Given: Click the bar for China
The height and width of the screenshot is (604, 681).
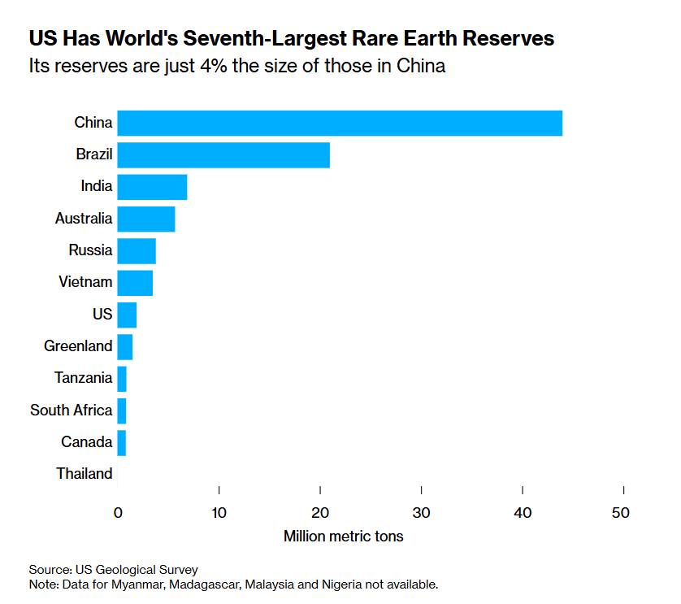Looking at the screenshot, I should (x=340, y=123).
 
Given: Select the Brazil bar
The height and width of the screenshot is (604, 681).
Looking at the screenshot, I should (x=223, y=154).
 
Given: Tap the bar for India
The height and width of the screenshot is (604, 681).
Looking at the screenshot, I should (x=152, y=187).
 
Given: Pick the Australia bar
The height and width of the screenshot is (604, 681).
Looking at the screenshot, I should (x=146, y=219).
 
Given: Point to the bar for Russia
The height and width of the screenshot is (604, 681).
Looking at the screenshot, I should (x=137, y=250).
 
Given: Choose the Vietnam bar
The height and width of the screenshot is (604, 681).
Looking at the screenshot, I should (x=135, y=283).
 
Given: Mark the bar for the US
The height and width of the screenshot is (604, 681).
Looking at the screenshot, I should (x=127, y=315).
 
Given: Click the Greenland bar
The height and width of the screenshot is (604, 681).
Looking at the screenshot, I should (x=125, y=346).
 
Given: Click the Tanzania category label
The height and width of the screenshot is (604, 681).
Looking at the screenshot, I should (x=83, y=378).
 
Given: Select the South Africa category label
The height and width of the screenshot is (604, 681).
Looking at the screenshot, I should (x=71, y=411).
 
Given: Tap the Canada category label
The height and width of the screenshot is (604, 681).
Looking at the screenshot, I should (x=86, y=442).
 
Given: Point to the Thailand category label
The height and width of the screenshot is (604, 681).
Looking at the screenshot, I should (x=84, y=474).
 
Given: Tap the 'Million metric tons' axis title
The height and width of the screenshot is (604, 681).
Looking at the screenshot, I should (x=343, y=537).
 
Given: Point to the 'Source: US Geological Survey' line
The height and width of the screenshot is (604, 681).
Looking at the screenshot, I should (x=113, y=570).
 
